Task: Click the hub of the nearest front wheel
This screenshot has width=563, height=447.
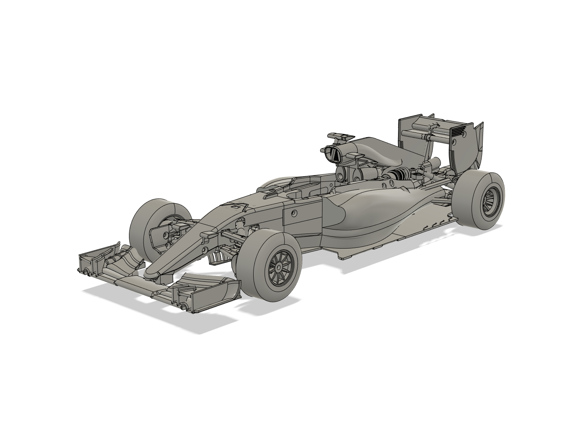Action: point(279,268)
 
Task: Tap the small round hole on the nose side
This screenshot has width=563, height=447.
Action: point(204,249)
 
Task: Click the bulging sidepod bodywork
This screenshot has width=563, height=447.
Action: point(368,209)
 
